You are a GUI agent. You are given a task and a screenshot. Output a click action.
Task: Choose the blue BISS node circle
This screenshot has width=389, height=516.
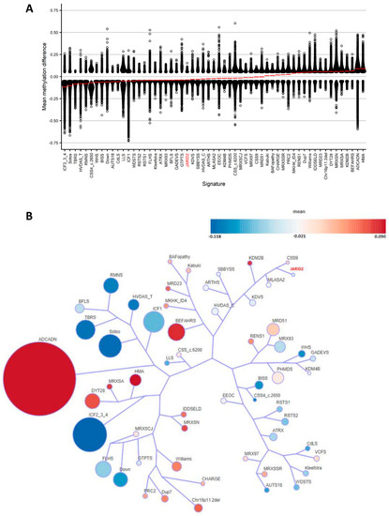251,384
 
